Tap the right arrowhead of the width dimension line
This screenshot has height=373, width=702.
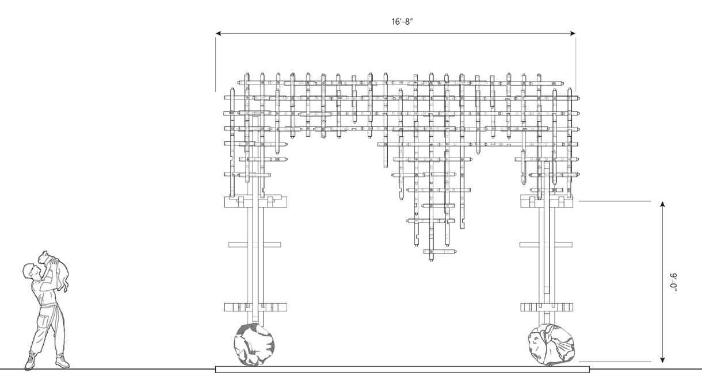pos(573,33)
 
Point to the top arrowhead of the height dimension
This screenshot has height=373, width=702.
pos(663,205)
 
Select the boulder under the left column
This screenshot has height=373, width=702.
pos(254,344)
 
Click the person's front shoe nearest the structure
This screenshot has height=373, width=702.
pos(62,362)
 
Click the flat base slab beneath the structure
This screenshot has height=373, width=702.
pos(402,370)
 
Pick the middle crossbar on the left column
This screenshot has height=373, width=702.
pos(254,244)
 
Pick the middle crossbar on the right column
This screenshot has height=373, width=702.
pos(545,244)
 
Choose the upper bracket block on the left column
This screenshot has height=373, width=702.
pos(254,201)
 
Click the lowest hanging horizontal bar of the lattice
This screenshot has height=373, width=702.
pos(440,252)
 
